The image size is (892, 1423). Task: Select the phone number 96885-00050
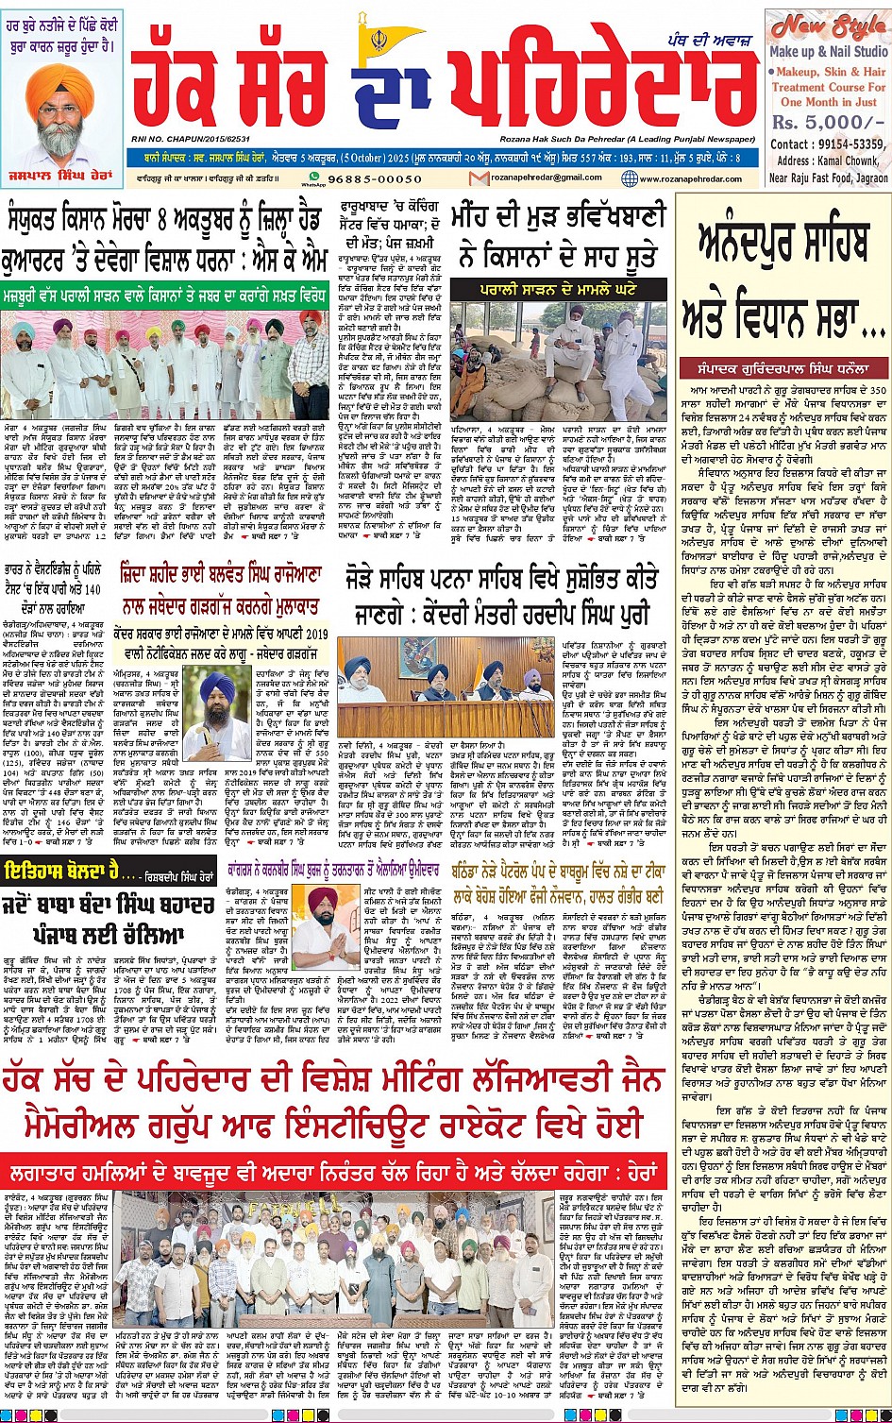377,178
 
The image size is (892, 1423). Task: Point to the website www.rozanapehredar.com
689,178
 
